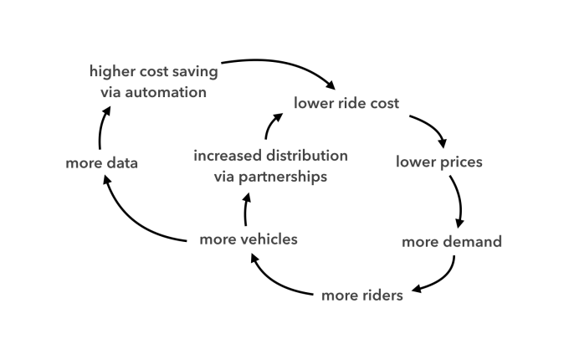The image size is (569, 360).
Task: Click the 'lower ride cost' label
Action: pyautogui.click(x=346, y=104)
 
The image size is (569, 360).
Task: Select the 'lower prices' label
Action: pyautogui.click(x=439, y=162)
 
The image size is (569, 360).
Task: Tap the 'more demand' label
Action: pyautogui.click(x=452, y=242)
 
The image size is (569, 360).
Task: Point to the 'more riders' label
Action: pyautogui.click(x=362, y=295)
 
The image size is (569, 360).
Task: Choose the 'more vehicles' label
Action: pyautogui.click(x=249, y=239)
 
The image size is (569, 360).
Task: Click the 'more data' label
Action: pyautogui.click(x=101, y=162)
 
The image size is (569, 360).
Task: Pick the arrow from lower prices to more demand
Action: pyautogui.click(x=459, y=201)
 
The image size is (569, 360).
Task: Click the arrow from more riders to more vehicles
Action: pyautogui.click(x=276, y=281)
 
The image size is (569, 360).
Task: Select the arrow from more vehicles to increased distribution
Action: pyautogui.click(x=246, y=208)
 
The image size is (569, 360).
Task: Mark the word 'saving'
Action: pyautogui.click(x=195, y=71)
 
